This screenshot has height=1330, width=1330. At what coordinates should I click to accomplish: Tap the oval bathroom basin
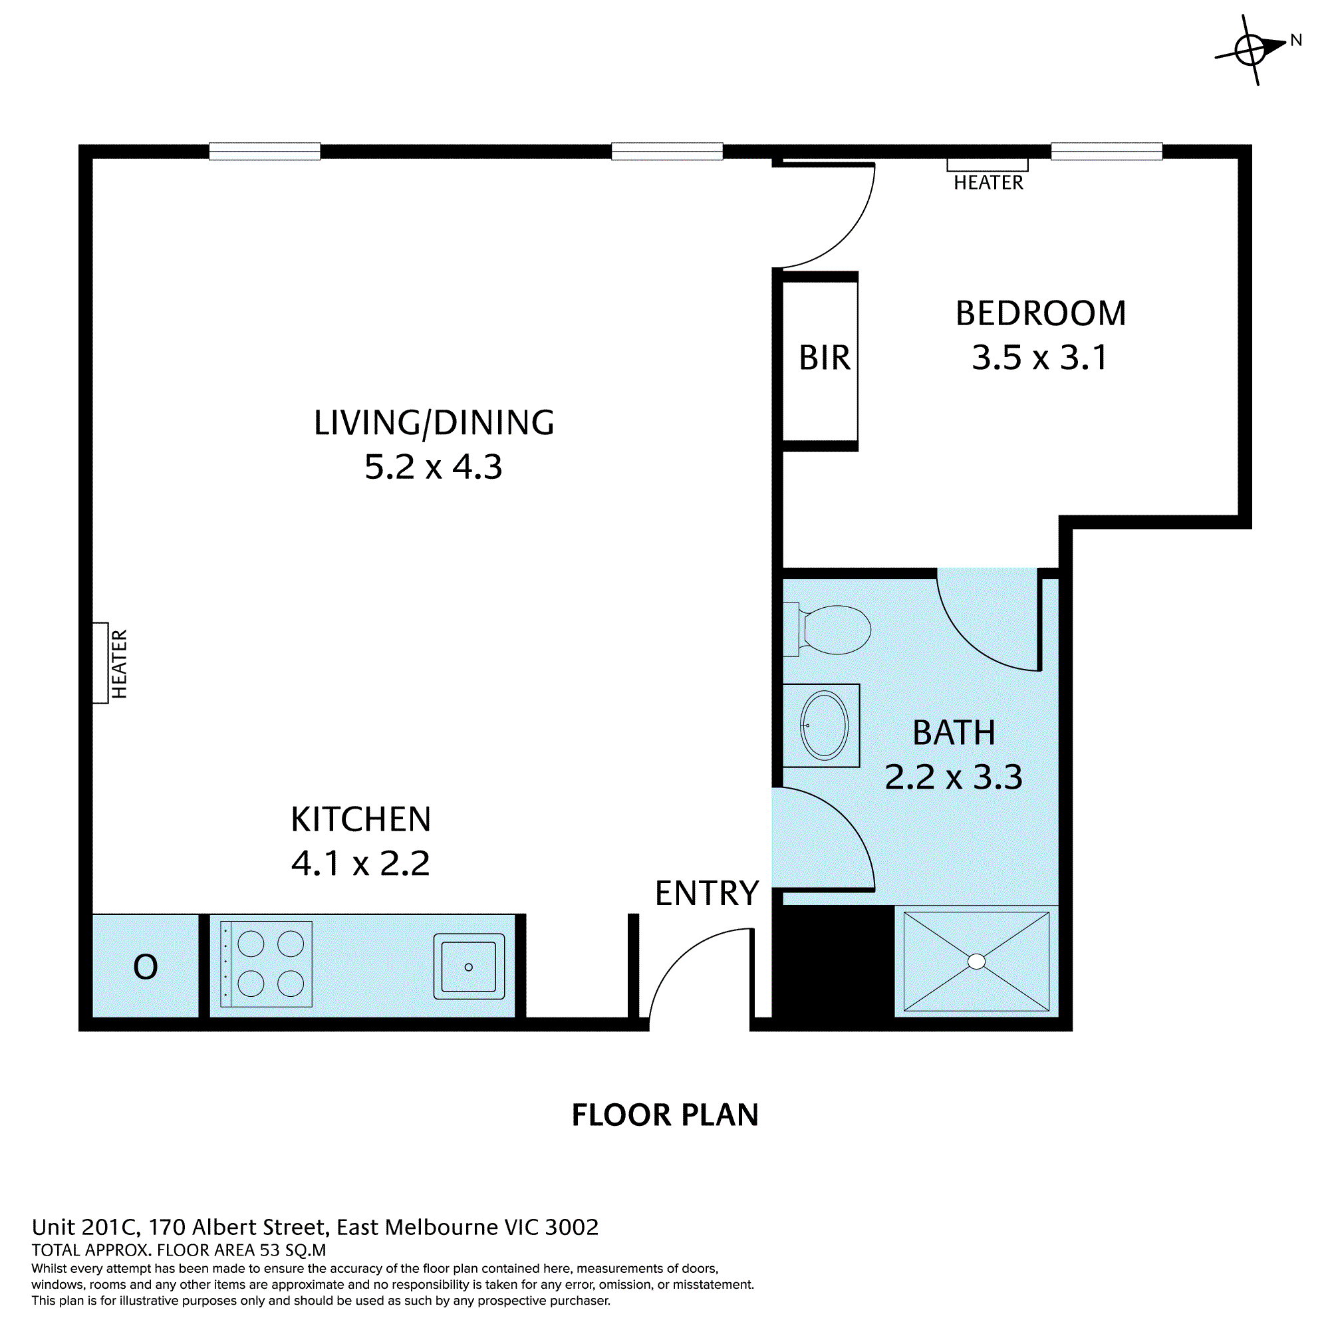pos(824,726)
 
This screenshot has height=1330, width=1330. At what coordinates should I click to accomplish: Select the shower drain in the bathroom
pos(976,962)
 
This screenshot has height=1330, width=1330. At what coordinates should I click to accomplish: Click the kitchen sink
pos(469,967)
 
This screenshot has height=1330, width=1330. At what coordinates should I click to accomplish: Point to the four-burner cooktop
pos(267,964)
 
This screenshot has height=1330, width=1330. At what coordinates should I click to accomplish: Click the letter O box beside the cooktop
pos(145,966)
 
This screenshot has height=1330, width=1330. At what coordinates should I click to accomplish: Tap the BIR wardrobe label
pos(824,358)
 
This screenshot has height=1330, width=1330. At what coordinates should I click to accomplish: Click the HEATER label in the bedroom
pos(988,182)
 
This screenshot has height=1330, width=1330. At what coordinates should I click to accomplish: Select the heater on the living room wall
pos(100,663)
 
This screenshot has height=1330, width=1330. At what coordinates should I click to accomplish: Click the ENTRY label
pos(706,894)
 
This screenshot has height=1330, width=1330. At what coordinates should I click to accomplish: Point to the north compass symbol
pos(1250,50)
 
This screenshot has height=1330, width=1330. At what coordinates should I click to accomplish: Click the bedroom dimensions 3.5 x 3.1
pos(1039,357)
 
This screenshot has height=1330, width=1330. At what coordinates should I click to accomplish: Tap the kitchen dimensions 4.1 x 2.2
pos(360,863)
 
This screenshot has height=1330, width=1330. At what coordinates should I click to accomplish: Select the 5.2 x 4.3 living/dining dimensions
pos(433,467)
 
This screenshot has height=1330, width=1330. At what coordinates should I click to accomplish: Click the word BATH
pos(954,732)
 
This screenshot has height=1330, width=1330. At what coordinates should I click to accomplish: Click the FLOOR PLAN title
pos(664,1115)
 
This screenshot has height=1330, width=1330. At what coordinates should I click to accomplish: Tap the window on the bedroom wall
pos(1107,152)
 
